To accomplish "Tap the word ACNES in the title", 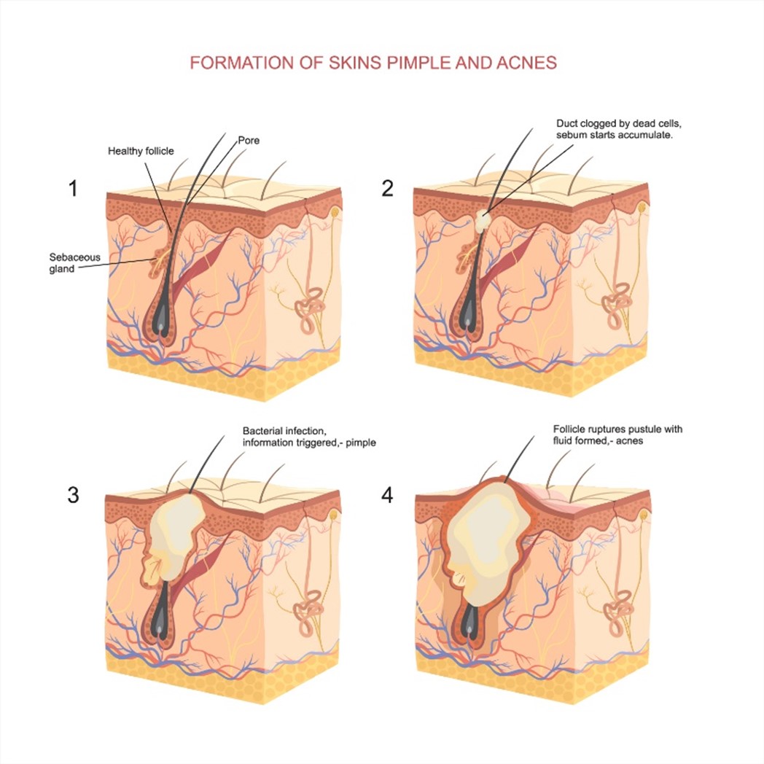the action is [526, 63].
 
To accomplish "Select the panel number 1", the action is [73, 188].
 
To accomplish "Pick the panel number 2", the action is [387, 188].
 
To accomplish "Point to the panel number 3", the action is [73, 495].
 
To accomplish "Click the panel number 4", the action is [387, 495].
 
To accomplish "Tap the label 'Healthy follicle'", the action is [141, 151].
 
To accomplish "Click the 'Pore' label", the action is [249, 140].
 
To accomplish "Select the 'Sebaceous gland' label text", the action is [74, 263].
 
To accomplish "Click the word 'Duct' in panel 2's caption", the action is [566, 124].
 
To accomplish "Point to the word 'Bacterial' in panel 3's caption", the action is [262, 431].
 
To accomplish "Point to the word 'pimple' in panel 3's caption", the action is [361, 443].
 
